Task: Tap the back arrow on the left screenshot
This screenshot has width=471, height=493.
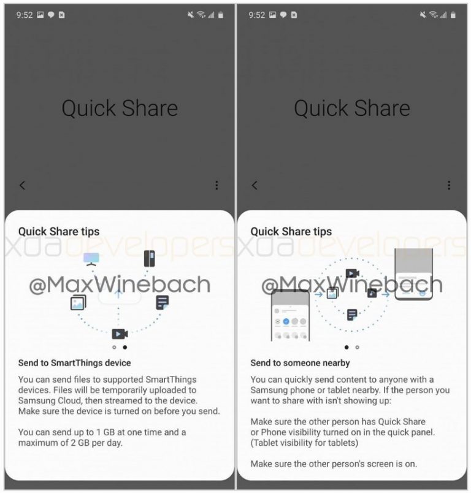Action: click(22, 185)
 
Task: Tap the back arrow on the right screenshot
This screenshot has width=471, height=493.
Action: click(255, 185)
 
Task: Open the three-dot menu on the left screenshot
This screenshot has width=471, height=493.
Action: click(216, 185)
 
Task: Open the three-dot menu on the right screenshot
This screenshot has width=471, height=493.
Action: click(449, 185)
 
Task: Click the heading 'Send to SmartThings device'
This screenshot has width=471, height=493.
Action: click(75, 363)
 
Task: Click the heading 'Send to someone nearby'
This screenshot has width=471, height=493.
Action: click(300, 363)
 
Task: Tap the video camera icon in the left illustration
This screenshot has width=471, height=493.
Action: click(120, 334)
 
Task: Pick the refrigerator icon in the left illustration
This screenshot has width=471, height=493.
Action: click(150, 258)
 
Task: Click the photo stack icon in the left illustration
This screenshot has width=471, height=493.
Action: click(78, 302)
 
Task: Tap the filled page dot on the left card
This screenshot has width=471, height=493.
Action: click(125, 347)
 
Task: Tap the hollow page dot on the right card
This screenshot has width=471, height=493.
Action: click(357, 347)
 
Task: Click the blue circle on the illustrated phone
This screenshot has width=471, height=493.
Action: click(286, 321)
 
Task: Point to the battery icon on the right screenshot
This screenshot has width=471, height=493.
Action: click(453, 15)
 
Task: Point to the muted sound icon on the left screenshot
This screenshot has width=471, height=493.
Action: click(191, 15)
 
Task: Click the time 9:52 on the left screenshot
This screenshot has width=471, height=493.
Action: click(25, 15)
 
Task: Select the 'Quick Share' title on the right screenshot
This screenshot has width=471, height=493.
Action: click(352, 108)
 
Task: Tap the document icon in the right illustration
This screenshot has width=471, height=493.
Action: click(352, 315)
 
